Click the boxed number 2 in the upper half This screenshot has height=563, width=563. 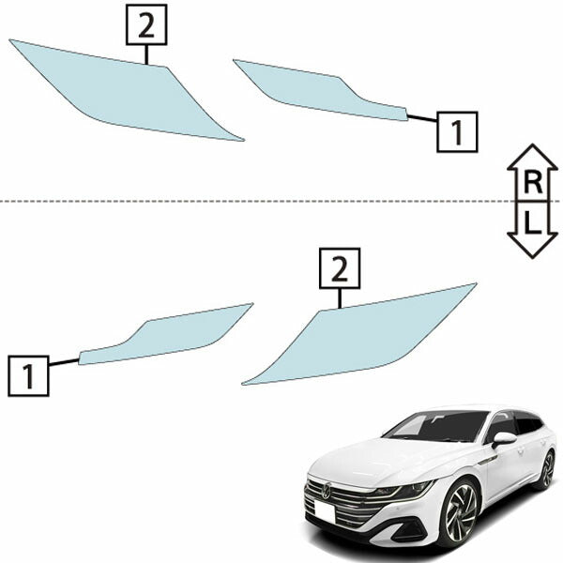coord(146,24)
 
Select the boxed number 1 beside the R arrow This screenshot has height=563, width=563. coord(457,131)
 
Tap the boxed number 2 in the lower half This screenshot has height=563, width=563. coord(340,268)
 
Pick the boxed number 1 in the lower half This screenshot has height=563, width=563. coord(28,376)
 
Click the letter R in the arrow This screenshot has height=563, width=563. coord(532,182)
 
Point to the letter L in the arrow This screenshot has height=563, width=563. coord(532,222)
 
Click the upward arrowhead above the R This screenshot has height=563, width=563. coord(532,157)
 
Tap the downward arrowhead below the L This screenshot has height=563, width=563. coord(532,245)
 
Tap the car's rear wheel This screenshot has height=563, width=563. coord(547,470)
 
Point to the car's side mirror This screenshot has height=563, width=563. coord(504,439)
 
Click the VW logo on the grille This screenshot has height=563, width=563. coord(327,491)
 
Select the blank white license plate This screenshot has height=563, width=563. coord(325,512)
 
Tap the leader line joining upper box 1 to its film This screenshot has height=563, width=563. coord(422,118)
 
